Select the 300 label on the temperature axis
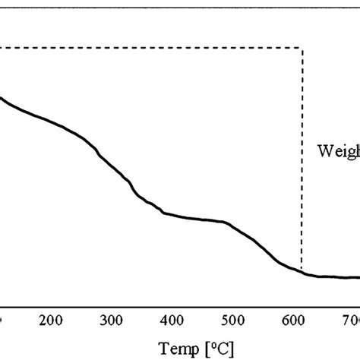pos(112,320)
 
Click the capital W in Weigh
pos(324,150)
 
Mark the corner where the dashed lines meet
pos(302,49)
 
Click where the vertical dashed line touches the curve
pos(302,271)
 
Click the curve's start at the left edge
pos(2,97)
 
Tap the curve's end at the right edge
pos(358,277)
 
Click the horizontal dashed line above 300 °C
pos(112,49)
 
